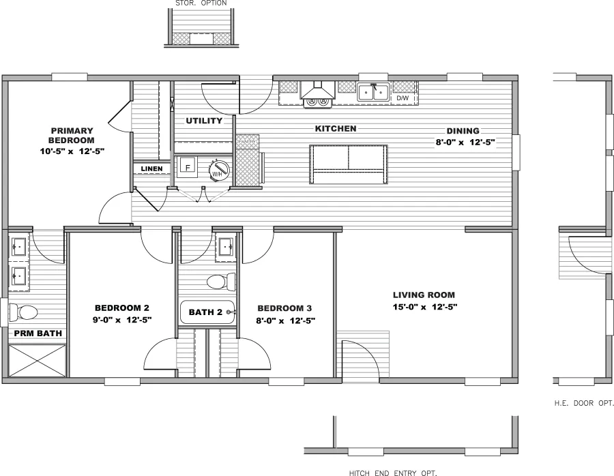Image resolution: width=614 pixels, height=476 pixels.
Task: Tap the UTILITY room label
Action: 204,121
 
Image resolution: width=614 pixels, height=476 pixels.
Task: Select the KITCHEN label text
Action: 335,128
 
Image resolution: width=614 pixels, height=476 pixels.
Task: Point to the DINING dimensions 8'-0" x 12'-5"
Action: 465,143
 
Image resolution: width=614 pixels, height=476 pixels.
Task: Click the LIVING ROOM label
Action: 424,295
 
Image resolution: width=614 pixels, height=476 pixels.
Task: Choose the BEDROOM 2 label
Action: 122,308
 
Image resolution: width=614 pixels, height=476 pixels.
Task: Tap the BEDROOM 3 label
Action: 285,308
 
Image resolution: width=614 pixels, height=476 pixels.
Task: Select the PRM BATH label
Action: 38,333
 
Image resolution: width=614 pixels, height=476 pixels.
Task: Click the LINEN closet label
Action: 151,168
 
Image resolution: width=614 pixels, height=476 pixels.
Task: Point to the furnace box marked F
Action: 188,166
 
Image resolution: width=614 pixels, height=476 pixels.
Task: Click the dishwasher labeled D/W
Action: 403,99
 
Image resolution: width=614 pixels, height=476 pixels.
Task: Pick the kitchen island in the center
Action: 349,164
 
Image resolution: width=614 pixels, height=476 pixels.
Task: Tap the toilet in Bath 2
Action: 220,282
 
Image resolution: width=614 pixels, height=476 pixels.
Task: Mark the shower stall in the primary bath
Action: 38,360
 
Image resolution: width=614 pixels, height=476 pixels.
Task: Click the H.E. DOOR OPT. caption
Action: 584,403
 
